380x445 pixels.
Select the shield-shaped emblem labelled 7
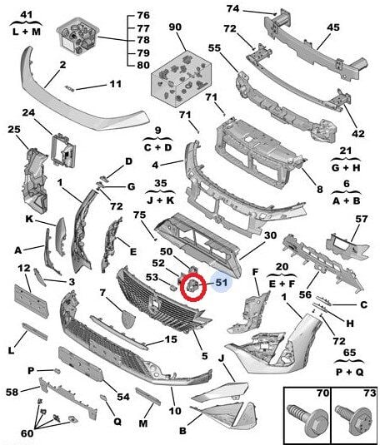[128, 319]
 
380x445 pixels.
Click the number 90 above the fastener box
[174, 27]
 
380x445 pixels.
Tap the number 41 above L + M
[26, 16]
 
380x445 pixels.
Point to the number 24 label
[27, 113]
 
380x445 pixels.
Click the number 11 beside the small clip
[115, 84]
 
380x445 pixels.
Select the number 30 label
[269, 235]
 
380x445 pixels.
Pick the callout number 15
[171, 339]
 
